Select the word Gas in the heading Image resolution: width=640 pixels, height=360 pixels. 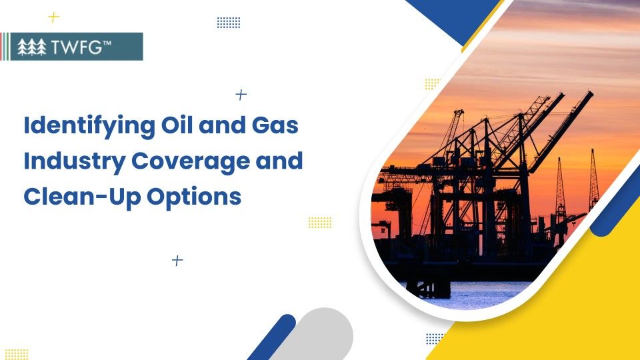(277, 125)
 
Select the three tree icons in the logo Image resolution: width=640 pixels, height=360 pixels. (31, 47)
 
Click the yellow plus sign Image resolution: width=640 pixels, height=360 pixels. (54, 17)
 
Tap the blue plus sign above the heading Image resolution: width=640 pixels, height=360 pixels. (241, 95)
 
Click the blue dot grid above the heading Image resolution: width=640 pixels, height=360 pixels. (229, 23)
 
